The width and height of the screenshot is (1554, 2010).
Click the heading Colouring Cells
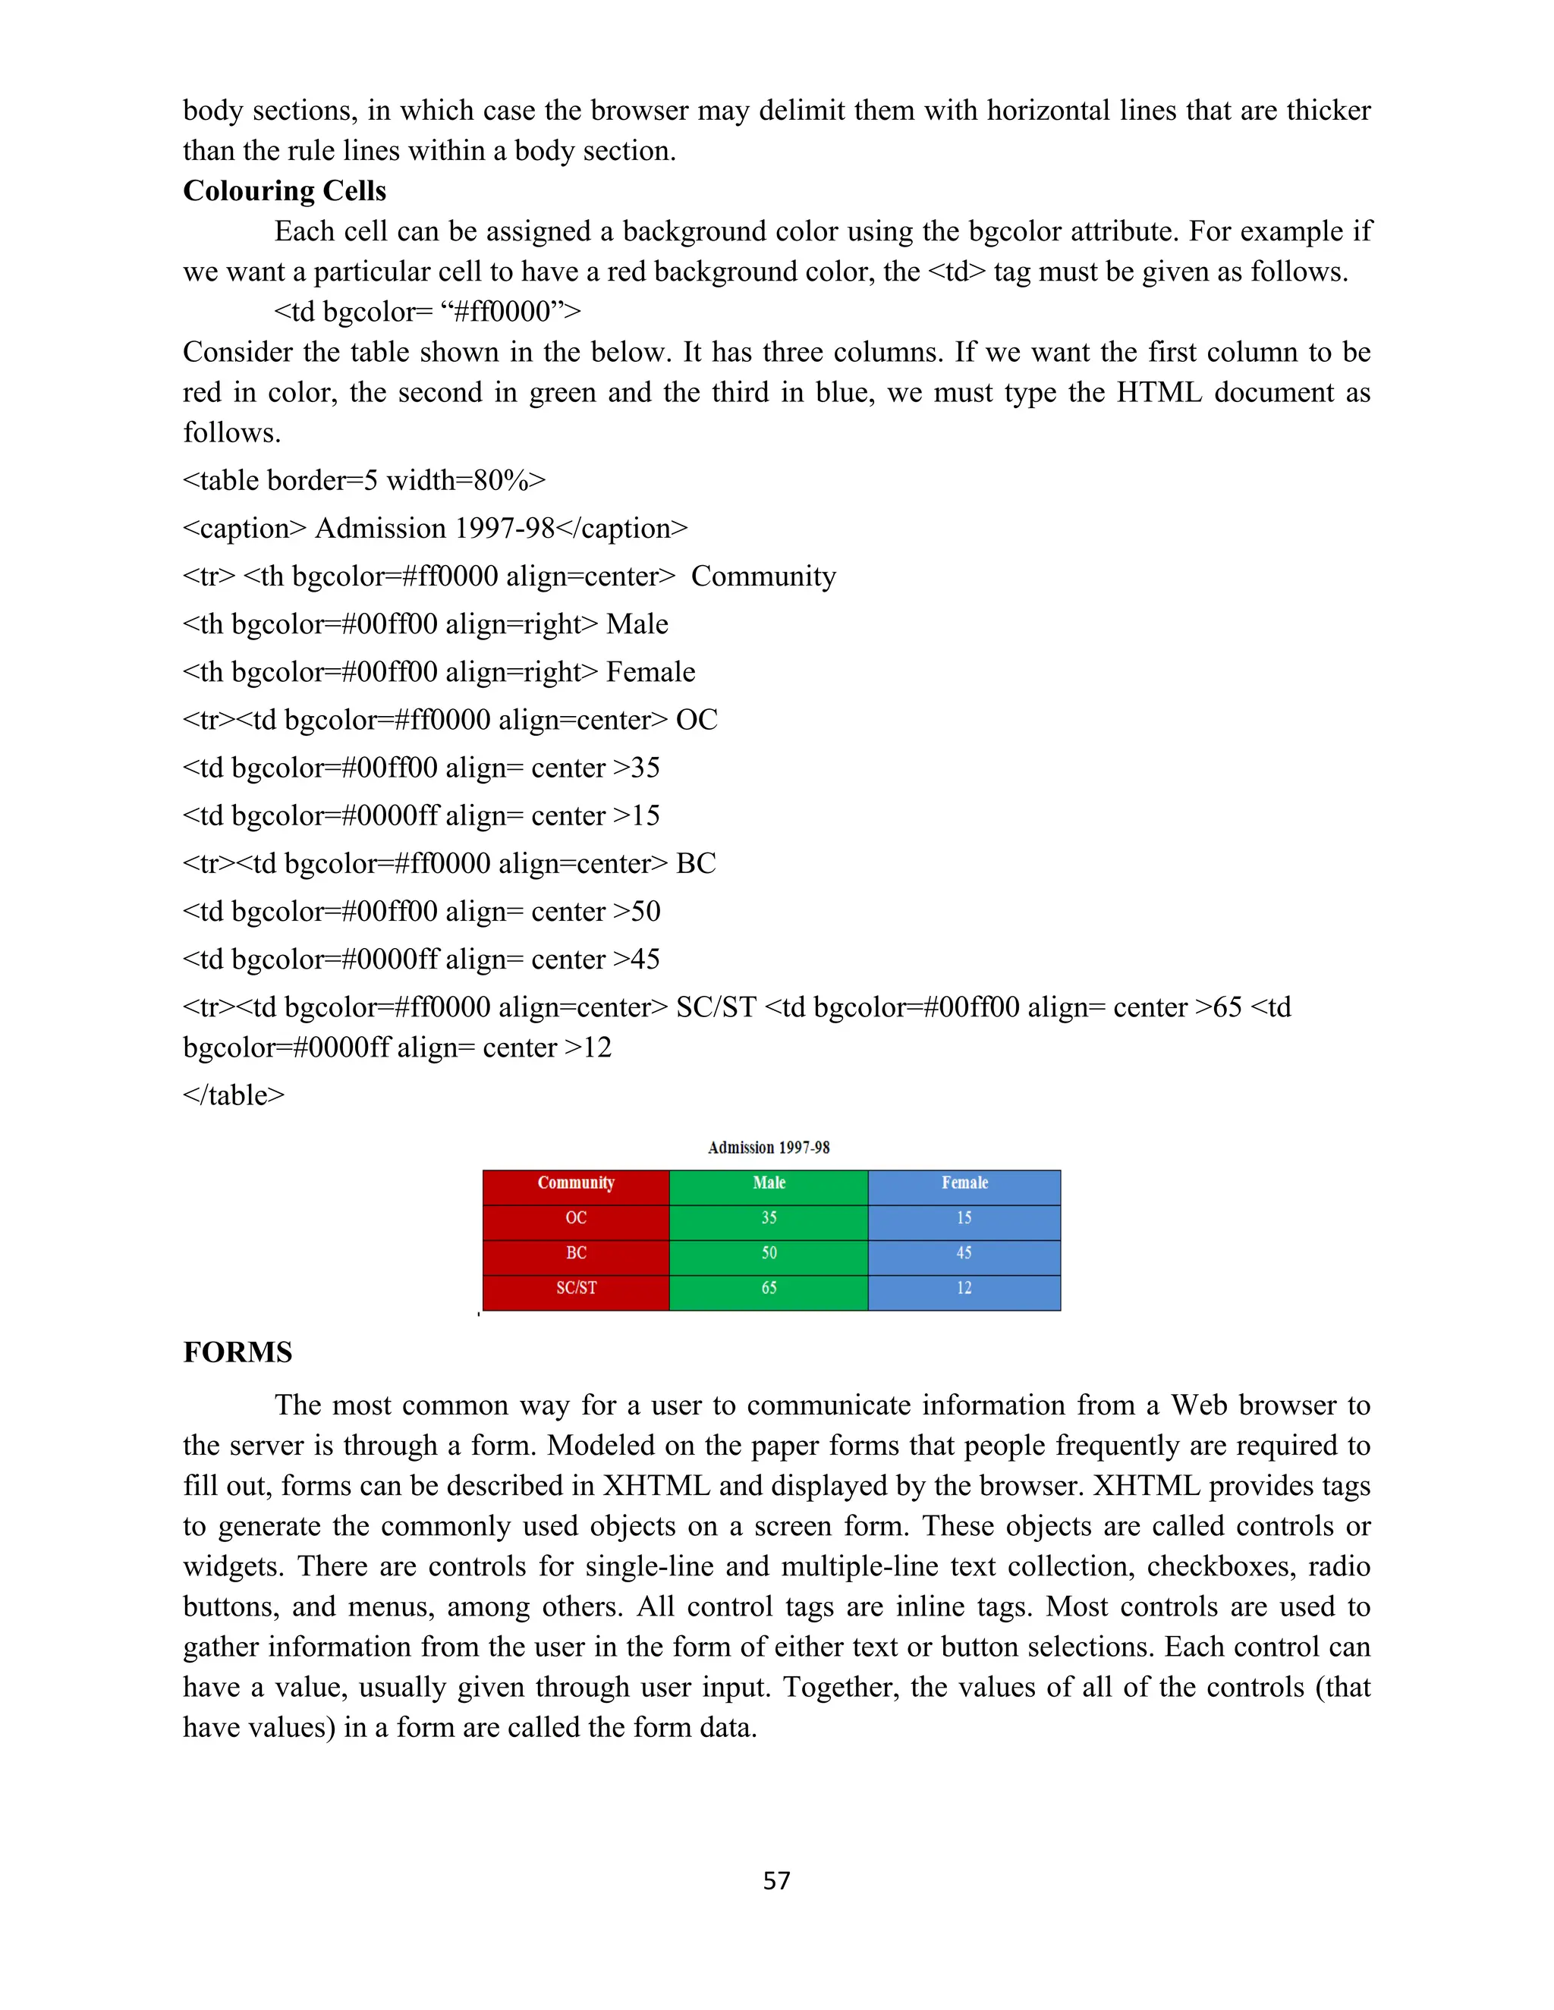(285, 190)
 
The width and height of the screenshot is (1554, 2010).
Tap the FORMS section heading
(238, 1352)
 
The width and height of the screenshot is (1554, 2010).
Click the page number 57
(776, 1880)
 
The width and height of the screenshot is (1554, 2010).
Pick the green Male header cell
(769, 1183)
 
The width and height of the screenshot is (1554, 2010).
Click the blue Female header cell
(964, 1183)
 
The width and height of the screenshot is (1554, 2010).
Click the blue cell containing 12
(964, 1289)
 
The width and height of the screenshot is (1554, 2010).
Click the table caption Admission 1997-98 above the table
(769, 1148)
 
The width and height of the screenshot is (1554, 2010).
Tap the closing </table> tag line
(234, 1095)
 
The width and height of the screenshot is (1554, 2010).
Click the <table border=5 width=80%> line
(364, 480)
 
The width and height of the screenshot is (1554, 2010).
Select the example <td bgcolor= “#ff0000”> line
(427, 312)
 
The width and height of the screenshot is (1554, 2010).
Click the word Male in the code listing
(637, 624)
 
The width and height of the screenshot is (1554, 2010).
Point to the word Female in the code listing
(650, 672)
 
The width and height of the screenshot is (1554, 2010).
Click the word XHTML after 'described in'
(656, 1485)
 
